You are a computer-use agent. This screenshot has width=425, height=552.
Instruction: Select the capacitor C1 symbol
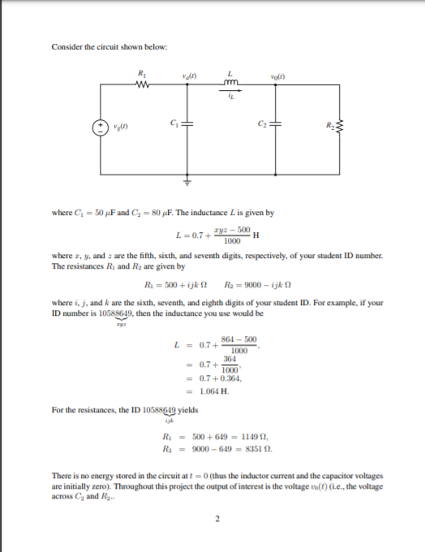point(189,123)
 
